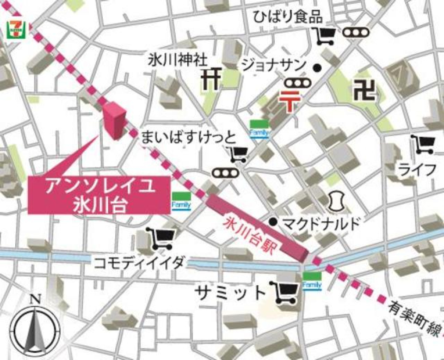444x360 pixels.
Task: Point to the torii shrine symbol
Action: click(211, 79)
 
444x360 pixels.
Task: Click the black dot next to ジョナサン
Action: click(317, 68)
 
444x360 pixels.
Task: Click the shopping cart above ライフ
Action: click(423, 145)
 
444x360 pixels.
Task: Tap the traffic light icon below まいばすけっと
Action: click(225, 172)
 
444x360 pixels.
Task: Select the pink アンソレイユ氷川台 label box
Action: click(99, 195)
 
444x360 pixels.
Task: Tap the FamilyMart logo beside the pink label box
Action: click(181, 201)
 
